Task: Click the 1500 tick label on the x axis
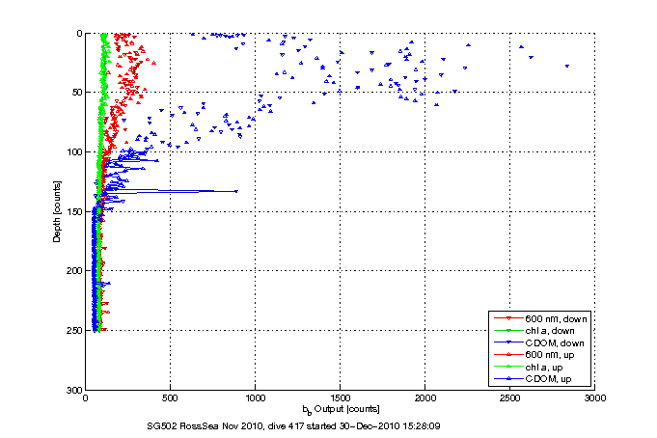click(340, 397)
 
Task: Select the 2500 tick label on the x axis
click(509, 397)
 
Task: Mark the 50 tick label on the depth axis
click(77, 93)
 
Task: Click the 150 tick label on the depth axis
click(74, 211)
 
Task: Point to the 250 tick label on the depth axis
click(74, 330)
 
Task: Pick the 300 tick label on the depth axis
click(74, 390)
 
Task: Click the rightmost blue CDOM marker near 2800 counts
click(566, 66)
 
